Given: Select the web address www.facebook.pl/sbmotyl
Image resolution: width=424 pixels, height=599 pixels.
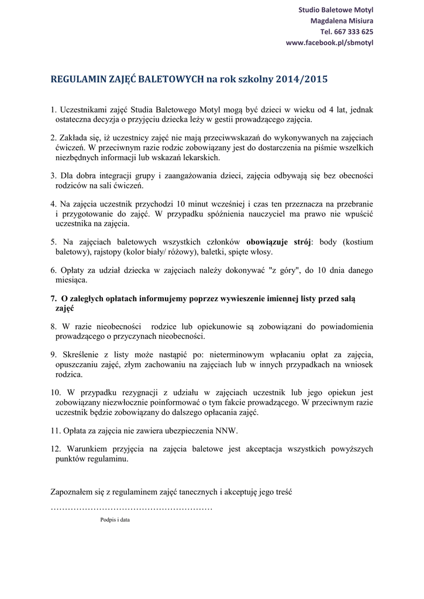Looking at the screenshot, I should point(329,43).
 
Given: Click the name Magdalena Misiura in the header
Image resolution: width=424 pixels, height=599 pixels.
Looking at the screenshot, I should point(342,21).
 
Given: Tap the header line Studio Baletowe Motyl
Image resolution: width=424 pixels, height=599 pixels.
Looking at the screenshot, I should point(336,10).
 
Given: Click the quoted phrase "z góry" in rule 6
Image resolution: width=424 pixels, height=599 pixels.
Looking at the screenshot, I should point(282,270).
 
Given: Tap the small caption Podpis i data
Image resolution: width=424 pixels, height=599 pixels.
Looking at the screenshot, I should point(115,520).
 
